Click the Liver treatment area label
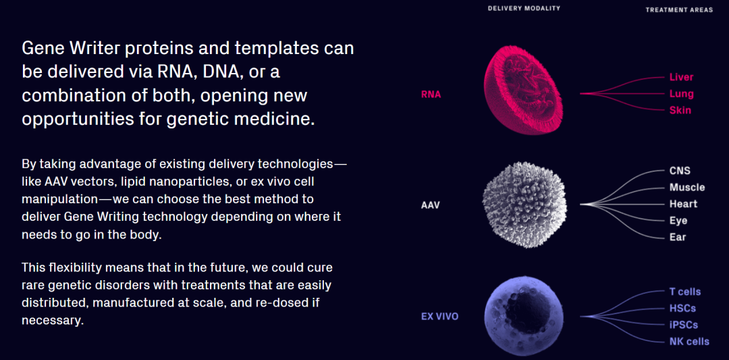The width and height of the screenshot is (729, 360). [681, 77]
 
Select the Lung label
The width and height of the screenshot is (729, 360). [682, 94]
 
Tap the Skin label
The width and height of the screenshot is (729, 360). [680, 111]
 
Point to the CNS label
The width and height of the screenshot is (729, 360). [680, 171]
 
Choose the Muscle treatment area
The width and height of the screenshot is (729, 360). [687, 188]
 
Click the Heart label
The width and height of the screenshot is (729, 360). [683, 204]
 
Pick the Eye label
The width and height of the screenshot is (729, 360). [678, 220]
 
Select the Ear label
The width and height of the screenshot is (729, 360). [678, 237]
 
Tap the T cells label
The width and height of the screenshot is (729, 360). [685, 292]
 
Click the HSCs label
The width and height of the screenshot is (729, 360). [682, 309]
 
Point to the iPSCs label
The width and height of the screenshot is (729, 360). [683, 325]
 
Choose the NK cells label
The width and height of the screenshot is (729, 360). [689, 342]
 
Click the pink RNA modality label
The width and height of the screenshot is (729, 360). [431, 95]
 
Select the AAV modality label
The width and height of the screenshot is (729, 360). [430, 205]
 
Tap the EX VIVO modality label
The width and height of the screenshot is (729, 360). [440, 317]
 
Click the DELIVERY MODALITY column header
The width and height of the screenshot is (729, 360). [524, 8]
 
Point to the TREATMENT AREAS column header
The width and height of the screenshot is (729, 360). [679, 9]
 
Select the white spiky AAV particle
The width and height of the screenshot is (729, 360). [525, 205]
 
